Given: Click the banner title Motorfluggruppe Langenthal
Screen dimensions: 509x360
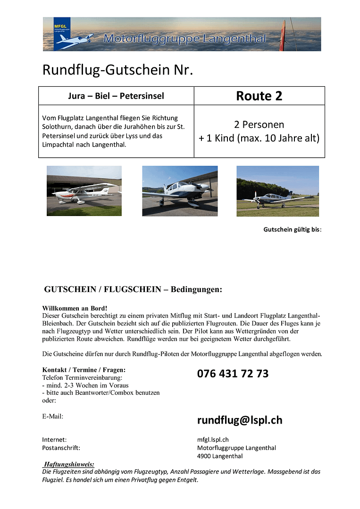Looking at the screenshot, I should [184, 39].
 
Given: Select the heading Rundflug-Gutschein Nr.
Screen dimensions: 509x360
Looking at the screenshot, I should [118, 70].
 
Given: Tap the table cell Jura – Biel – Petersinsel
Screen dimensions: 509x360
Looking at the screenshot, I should [116, 96].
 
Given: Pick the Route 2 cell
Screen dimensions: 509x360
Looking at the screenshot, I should [259, 96].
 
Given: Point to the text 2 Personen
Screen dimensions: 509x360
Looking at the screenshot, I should [259, 125].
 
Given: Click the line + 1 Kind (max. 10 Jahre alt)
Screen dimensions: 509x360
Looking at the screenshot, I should [259, 138].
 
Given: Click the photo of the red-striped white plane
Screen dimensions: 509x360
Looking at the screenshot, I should [84, 191].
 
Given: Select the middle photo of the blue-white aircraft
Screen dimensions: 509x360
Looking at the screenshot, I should [180, 191].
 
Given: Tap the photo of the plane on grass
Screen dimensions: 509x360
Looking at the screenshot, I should [277, 191].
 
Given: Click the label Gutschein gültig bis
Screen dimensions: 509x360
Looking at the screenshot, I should [292, 230].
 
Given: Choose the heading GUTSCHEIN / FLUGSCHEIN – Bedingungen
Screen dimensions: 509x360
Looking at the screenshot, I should [133, 289].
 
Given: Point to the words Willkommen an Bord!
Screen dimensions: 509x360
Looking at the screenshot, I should [68, 308].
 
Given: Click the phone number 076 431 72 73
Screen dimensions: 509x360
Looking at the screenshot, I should [233, 374].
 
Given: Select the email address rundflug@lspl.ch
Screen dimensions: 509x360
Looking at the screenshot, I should [240, 420].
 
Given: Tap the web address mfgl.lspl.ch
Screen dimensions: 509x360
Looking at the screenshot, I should [213, 440].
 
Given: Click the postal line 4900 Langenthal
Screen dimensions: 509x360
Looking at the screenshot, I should [220, 456].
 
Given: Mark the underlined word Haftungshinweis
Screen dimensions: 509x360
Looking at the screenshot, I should [69, 464].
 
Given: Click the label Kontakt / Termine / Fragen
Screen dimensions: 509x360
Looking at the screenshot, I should [84, 370].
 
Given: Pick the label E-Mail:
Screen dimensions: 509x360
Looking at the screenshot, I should [53, 416].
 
